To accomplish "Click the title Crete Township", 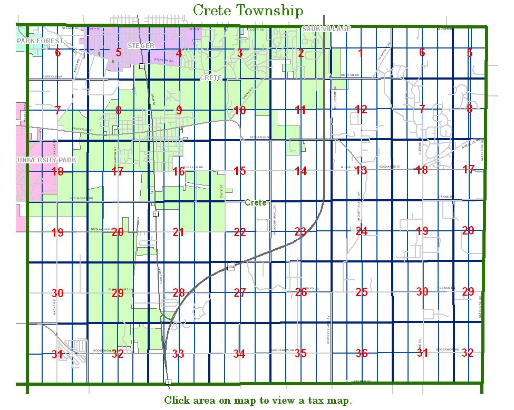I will coord(248,11).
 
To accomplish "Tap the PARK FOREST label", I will coord(40,41).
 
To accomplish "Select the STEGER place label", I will coord(141,46).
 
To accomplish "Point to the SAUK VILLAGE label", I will coord(326,28).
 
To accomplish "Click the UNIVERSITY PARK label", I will coord(46,160).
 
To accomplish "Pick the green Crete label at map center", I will coord(256,203).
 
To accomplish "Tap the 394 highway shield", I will coord(231,268).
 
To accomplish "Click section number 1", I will coord(361,52).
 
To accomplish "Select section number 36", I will coord(361,354).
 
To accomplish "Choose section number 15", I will coord(240,171).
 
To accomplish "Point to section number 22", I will coord(240,232).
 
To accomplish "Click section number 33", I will coord(178,354).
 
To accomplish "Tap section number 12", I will coord(361,110).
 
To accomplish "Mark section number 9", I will coord(179,110).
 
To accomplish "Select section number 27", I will coord(240,293).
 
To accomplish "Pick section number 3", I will coord(240,53).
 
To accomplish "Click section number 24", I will coord(361,231).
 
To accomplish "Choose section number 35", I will coord(300,354).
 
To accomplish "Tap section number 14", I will coord(300,171).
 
